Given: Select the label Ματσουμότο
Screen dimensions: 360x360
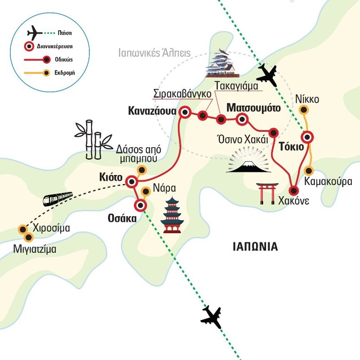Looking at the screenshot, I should click(254, 108).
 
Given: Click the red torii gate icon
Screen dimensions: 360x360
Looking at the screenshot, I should click(268, 193).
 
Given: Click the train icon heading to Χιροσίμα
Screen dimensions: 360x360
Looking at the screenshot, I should click(58, 198).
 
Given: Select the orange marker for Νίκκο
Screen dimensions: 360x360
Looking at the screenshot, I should click(305, 109).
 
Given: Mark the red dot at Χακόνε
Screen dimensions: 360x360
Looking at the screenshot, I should click(294, 190).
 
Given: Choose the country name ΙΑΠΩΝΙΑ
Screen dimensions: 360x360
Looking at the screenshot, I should click(255, 247).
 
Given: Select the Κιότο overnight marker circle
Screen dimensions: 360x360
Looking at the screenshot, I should click(132, 182).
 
